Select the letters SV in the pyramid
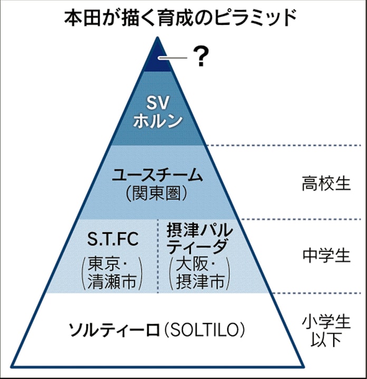click(x=158, y=101)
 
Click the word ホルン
click(x=158, y=120)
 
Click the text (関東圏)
click(x=157, y=194)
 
